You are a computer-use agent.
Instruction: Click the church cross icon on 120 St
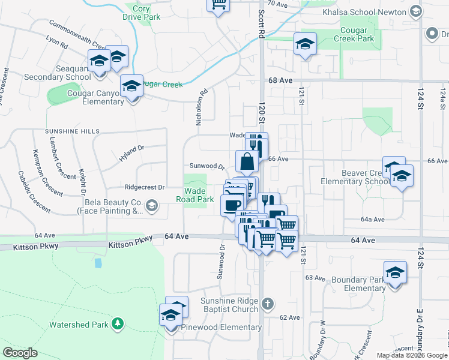[x=268, y=304]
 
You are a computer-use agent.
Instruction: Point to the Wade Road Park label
[x=194, y=195]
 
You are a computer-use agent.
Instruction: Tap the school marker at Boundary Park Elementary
[x=394, y=273]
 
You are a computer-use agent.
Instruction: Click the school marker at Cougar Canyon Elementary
[x=131, y=86]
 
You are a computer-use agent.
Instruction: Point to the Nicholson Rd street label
[x=201, y=107]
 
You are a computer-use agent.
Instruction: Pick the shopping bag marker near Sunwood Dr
[x=247, y=161]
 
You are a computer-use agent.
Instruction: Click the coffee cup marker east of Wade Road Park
[x=232, y=206]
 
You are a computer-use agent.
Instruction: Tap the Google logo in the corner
[x=20, y=353]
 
